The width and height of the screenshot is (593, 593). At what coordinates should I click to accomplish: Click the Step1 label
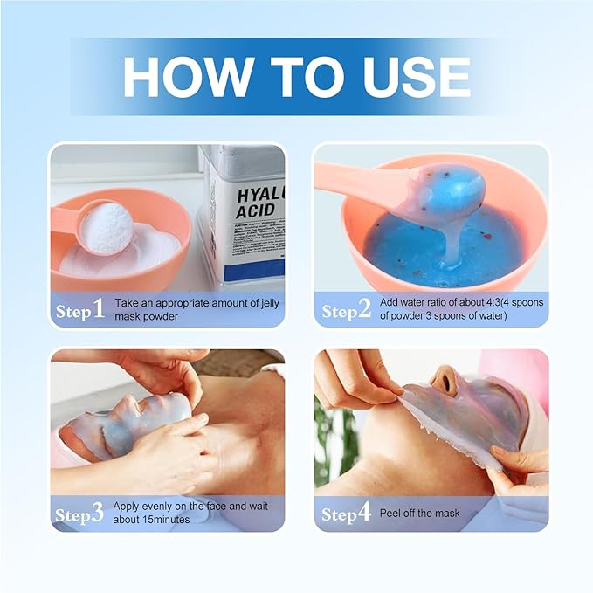click(x=79, y=310)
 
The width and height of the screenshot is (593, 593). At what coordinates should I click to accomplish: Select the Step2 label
click(x=346, y=310)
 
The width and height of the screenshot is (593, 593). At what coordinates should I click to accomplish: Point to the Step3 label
click(x=79, y=514)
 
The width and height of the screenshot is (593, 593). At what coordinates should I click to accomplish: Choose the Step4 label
click(x=346, y=514)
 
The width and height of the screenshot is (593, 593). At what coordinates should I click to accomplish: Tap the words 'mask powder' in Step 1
click(x=148, y=316)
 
